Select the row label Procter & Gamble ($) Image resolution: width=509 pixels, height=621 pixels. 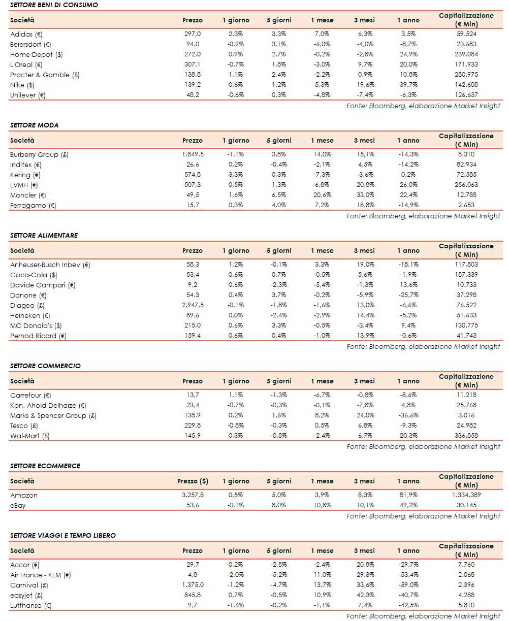pyautogui.click(x=45, y=75)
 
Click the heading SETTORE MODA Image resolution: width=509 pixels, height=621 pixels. pyautogui.click(x=34, y=125)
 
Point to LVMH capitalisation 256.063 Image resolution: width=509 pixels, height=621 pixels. pyautogui.click(x=466, y=185)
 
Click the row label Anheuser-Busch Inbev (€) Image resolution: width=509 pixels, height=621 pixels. pyautogui.click(x=50, y=265)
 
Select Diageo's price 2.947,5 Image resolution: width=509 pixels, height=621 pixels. pyautogui.click(x=192, y=305)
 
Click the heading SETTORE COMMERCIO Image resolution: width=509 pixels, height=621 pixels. pyautogui.click(x=45, y=366)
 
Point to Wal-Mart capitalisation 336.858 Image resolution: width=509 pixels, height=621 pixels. pyautogui.click(x=466, y=436)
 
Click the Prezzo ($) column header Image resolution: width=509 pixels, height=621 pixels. pyautogui.click(x=193, y=481)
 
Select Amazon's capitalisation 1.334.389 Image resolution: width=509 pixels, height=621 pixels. pyautogui.click(x=466, y=495)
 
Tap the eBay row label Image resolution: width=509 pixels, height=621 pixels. pyautogui.click(x=18, y=505)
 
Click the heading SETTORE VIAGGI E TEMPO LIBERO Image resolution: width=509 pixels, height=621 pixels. pyautogui.click(x=62, y=535)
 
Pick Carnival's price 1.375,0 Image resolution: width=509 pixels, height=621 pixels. pyautogui.click(x=192, y=585)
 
